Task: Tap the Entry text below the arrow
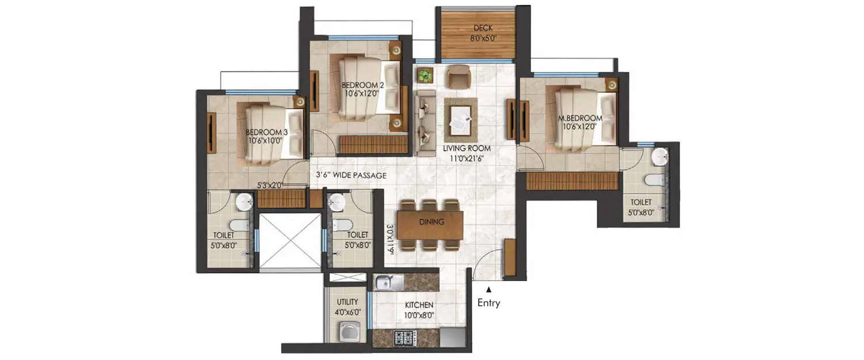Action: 488,303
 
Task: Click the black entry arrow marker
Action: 489,290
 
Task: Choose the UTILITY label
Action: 347,302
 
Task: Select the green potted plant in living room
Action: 425,75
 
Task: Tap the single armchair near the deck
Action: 460,77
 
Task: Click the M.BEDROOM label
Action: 580,119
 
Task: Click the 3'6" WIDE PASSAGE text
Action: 351,175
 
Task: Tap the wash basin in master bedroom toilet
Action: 661,156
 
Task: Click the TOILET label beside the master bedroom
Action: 641,202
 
